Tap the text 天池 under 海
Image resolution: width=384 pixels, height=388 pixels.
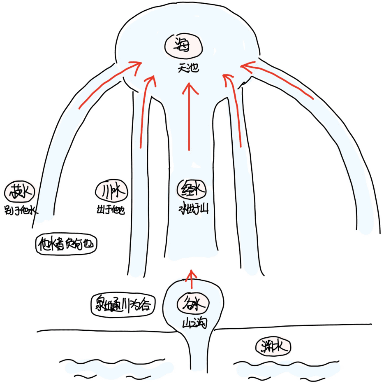pos(188,68)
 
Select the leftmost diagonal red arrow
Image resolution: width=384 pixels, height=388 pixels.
pos(109,84)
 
